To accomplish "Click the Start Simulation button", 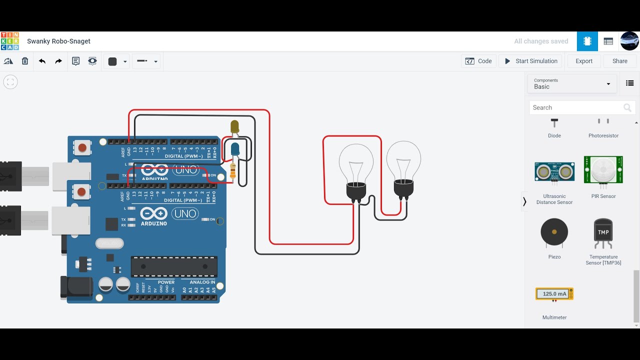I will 530,61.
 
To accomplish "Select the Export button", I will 583,61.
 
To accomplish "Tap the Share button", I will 619,61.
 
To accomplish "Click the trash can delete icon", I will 25,61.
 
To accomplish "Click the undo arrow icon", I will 42,61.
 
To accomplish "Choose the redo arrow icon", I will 58,61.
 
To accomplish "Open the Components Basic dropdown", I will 572,83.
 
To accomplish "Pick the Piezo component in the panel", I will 554,232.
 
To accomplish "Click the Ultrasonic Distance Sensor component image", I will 554,171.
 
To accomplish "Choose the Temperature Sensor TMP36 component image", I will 603,232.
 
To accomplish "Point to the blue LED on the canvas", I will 235,148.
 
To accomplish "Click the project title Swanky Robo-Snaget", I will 58,41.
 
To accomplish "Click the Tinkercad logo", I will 9,41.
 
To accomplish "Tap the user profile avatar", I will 629,41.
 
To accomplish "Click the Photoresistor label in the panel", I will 603,135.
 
